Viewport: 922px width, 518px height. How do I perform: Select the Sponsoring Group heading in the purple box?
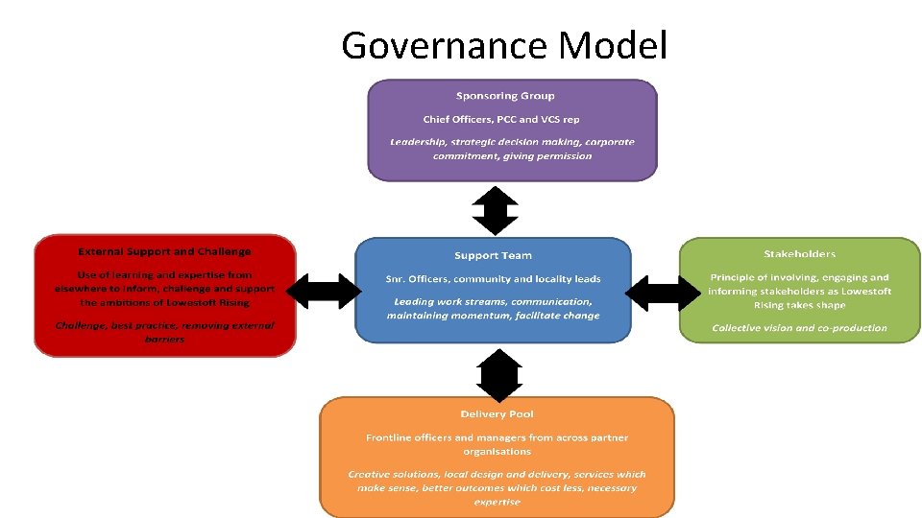click(505, 96)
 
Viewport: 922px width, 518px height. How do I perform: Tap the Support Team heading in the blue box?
click(493, 255)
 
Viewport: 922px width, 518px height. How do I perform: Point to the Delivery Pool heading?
click(497, 414)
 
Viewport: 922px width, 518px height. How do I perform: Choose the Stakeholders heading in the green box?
click(799, 254)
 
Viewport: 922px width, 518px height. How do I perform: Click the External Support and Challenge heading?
click(164, 251)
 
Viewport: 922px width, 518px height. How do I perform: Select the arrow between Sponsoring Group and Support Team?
click(497, 211)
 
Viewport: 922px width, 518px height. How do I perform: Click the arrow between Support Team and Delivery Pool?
click(499, 374)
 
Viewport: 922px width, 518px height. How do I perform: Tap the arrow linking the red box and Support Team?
click(324, 291)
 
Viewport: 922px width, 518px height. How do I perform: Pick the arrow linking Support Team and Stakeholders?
click(663, 291)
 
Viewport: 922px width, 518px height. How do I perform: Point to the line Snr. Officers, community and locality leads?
click(493, 279)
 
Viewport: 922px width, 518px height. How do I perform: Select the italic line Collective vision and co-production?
click(799, 328)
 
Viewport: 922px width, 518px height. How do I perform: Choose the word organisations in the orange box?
click(497, 451)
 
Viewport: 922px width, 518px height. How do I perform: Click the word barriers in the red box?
click(164, 339)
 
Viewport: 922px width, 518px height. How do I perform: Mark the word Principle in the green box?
click(735, 278)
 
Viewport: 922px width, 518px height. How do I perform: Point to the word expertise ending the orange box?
click(497, 502)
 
